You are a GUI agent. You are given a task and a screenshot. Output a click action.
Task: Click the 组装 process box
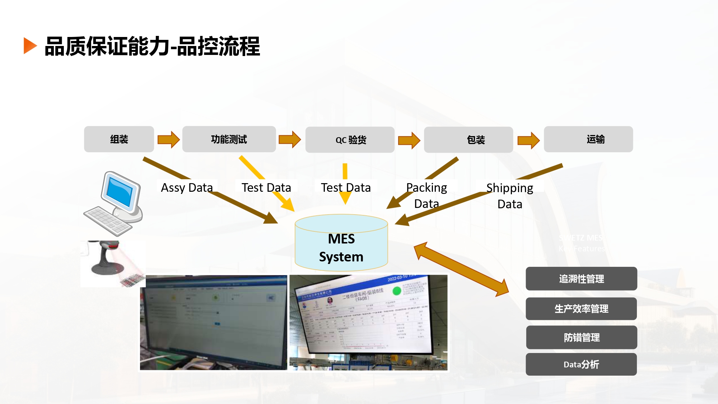[x=119, y=139]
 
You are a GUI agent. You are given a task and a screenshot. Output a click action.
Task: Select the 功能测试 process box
[x=229, y=139]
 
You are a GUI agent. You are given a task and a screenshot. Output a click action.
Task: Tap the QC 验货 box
[x=350, y=140]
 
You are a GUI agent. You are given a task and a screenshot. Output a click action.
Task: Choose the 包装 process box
[x=468, y=140]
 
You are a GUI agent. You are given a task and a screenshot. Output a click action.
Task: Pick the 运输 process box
[x=588, y=139]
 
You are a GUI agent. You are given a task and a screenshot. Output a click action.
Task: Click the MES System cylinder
[x=341, y=244]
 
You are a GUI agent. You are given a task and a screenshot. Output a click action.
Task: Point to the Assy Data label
[x=187, y=187]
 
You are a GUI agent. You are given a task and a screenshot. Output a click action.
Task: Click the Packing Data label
[x=426, y=196]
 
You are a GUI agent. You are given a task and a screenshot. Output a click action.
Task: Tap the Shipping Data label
[x=510, y=196]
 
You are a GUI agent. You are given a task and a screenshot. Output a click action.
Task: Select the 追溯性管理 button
[x=581, y=279]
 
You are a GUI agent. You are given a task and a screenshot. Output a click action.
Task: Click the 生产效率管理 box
[x=581, y=308]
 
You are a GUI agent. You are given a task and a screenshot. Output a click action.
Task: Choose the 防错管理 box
[x=582, y=337]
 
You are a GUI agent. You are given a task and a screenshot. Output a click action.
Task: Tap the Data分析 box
[x=581, y=364]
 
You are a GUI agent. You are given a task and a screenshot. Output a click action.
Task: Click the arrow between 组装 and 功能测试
[x=168, y=139]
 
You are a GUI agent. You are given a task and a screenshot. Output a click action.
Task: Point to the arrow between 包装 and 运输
[x=528, y=140]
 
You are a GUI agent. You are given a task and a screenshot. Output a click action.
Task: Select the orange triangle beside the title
[x=30, y=46]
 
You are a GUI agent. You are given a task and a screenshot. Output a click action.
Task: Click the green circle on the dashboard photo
[x=397, y=291]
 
